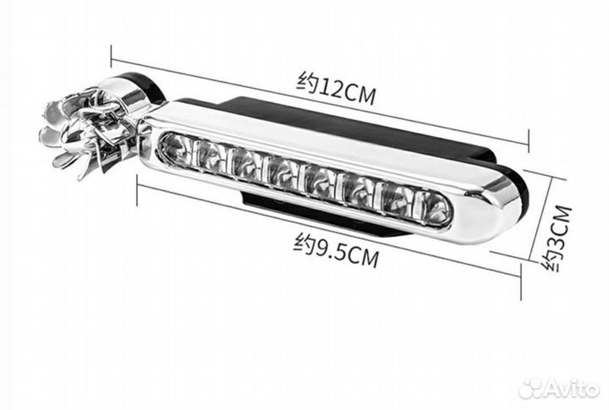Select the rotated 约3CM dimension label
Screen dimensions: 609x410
click(557, 238)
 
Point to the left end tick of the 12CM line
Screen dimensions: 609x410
click(112, 57)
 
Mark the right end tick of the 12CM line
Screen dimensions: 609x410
click(529, 141)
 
